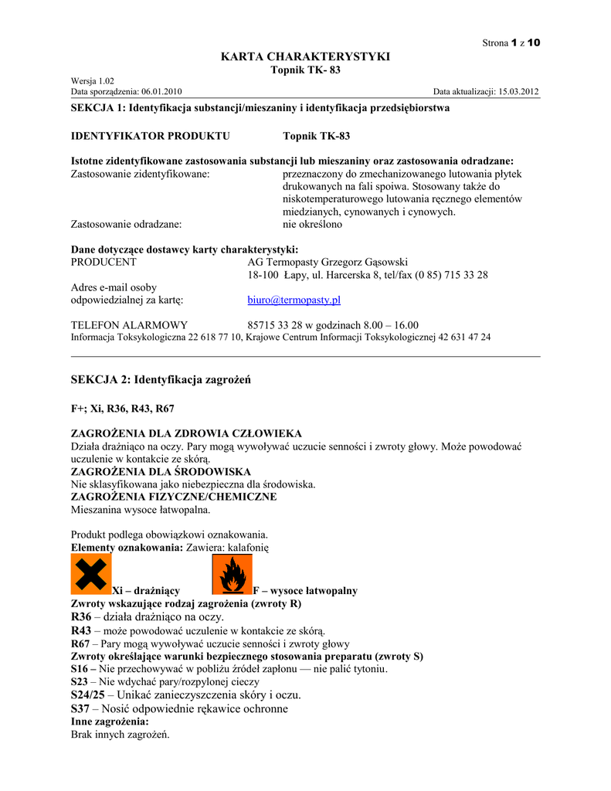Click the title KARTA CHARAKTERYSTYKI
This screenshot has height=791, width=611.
pyautogui.click(x=305, y=56)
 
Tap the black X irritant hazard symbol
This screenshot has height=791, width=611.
pyautogui.click(x=91, y=575)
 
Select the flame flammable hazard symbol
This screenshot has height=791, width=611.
pyautogui.click(x=231, y=575)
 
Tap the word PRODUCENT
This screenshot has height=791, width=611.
pyautogui.click(x=104, y=262)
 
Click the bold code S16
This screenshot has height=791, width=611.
pyautogui.click(x=80, y=668)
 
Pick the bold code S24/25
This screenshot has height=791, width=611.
pyautogui.click(x=88, y=695)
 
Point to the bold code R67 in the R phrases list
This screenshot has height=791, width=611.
pyautogui.click(x=80, y=643)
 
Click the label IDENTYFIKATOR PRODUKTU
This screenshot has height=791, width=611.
pyautogui.click(x=150, y=136)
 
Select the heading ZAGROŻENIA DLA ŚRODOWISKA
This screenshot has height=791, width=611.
pyautogui.click(x=161, y=471)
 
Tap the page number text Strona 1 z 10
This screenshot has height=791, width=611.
pyautogui.click(x=511, y=42)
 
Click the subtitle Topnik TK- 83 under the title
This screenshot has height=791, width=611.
pyautogui.click(x=305, y=70)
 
